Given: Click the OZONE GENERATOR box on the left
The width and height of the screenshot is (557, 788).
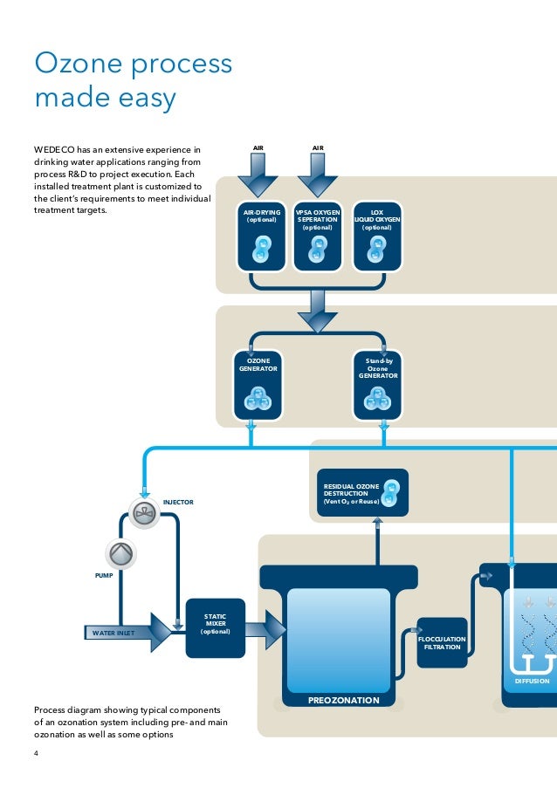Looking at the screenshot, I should (x=258, y=385).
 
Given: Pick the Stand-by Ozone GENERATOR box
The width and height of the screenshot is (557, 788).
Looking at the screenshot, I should (x=378, y=385).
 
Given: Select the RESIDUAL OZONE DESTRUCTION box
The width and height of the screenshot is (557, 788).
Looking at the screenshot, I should (x=362, y=493).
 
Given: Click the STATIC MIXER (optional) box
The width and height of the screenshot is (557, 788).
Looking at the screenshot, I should (x=215, y=627).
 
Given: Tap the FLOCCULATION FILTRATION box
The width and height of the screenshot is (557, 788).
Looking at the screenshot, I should (x=442, y=642).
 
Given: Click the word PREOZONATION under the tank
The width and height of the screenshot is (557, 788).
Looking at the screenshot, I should (x=343, y=700).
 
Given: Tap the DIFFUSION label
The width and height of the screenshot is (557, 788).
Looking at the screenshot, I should (x=532, y=681).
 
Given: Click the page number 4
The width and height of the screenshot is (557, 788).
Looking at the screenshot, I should (x=37, y=755).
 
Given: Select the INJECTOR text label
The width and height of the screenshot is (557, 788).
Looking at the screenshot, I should (x=178, y=503).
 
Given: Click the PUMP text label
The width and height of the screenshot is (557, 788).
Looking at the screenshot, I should (x=104, y=577).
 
